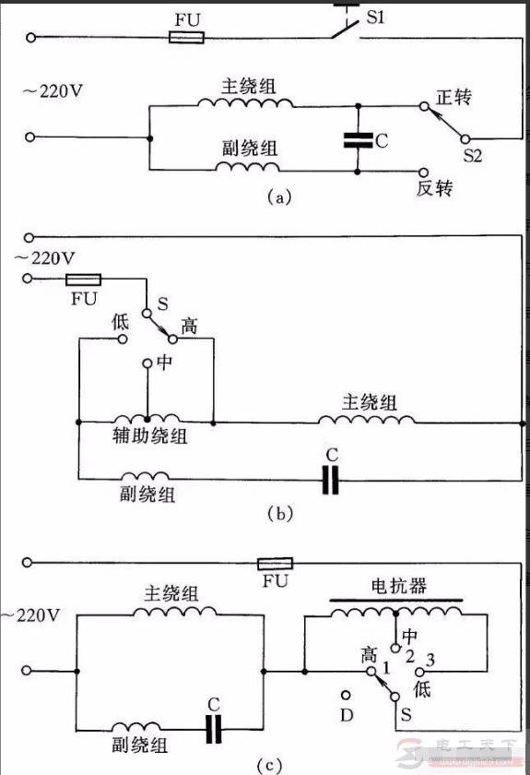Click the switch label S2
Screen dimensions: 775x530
[472, 157]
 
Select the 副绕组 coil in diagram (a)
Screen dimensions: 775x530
[246, 168]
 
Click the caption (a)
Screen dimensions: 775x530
[278, 197]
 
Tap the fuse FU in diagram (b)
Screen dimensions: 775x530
[84, 278]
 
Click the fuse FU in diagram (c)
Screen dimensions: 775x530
[275, 563]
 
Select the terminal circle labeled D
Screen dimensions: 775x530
[347, 694]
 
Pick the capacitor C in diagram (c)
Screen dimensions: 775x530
[214, 728]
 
